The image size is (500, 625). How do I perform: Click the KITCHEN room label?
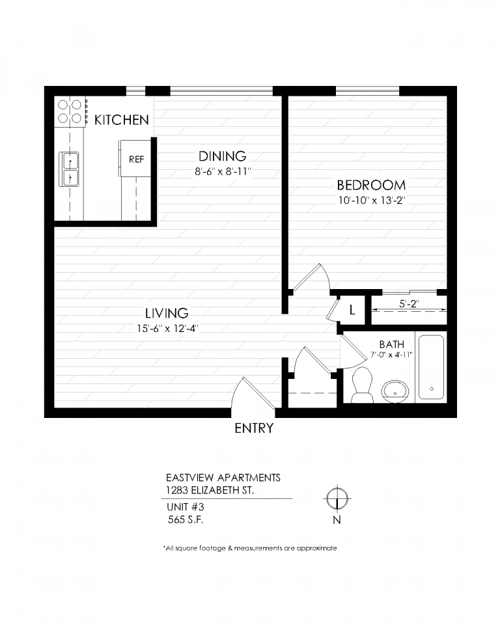(122, 120)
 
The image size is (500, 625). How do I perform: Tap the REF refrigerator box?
(135, 158)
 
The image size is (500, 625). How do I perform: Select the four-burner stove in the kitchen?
(70, 111)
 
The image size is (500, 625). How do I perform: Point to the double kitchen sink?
(69, 169)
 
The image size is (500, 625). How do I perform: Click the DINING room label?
(223, 156)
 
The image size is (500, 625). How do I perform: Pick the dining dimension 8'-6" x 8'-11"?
(223, 172)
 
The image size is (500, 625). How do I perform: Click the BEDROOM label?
(371, 185)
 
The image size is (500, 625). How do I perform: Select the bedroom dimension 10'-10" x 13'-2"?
(372, 201)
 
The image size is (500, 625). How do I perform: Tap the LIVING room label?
(167, 313)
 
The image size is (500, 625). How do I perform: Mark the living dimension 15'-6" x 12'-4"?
(167, 329)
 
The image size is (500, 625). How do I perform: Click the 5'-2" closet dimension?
(409, 304)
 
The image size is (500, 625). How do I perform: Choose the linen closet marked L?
(352, 310)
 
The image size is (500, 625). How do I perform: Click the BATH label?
(391, 344)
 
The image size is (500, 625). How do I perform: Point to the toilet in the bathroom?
(363, 385)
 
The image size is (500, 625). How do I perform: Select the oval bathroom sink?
(395, 391)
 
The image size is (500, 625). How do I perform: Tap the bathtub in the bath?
(431, 367)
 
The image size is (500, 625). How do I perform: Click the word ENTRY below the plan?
(254, 428)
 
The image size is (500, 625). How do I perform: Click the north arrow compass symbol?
(337, 498)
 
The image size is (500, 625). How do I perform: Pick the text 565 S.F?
(186, 520)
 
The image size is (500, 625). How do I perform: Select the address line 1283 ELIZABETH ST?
(210, 490)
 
